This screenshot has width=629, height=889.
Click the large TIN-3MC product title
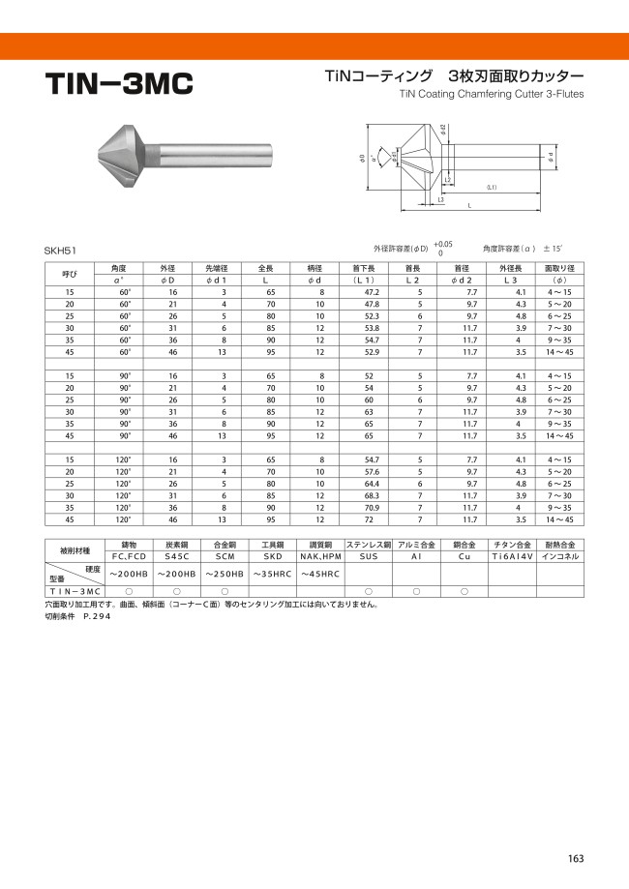pyautogui.click(x=119, y=83)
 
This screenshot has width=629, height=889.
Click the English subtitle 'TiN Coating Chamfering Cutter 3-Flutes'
pyautogui.click(x=492, y=94)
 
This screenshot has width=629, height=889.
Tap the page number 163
pyautogui.click(x=575, y=858)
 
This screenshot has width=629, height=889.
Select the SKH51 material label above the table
pyautogui.click(x=60, y=251)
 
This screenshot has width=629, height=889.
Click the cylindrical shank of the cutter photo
pyautogui.click(x=216, y=153)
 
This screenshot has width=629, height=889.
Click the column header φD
pyautogui.click(x=167, y=281)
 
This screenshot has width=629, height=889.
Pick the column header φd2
pyautogui.click(x=462, y=281)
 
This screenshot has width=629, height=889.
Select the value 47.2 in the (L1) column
pyautogui.click(x=372, y=292)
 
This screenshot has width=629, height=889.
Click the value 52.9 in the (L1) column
pyautogui.click(x=372, y=352)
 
